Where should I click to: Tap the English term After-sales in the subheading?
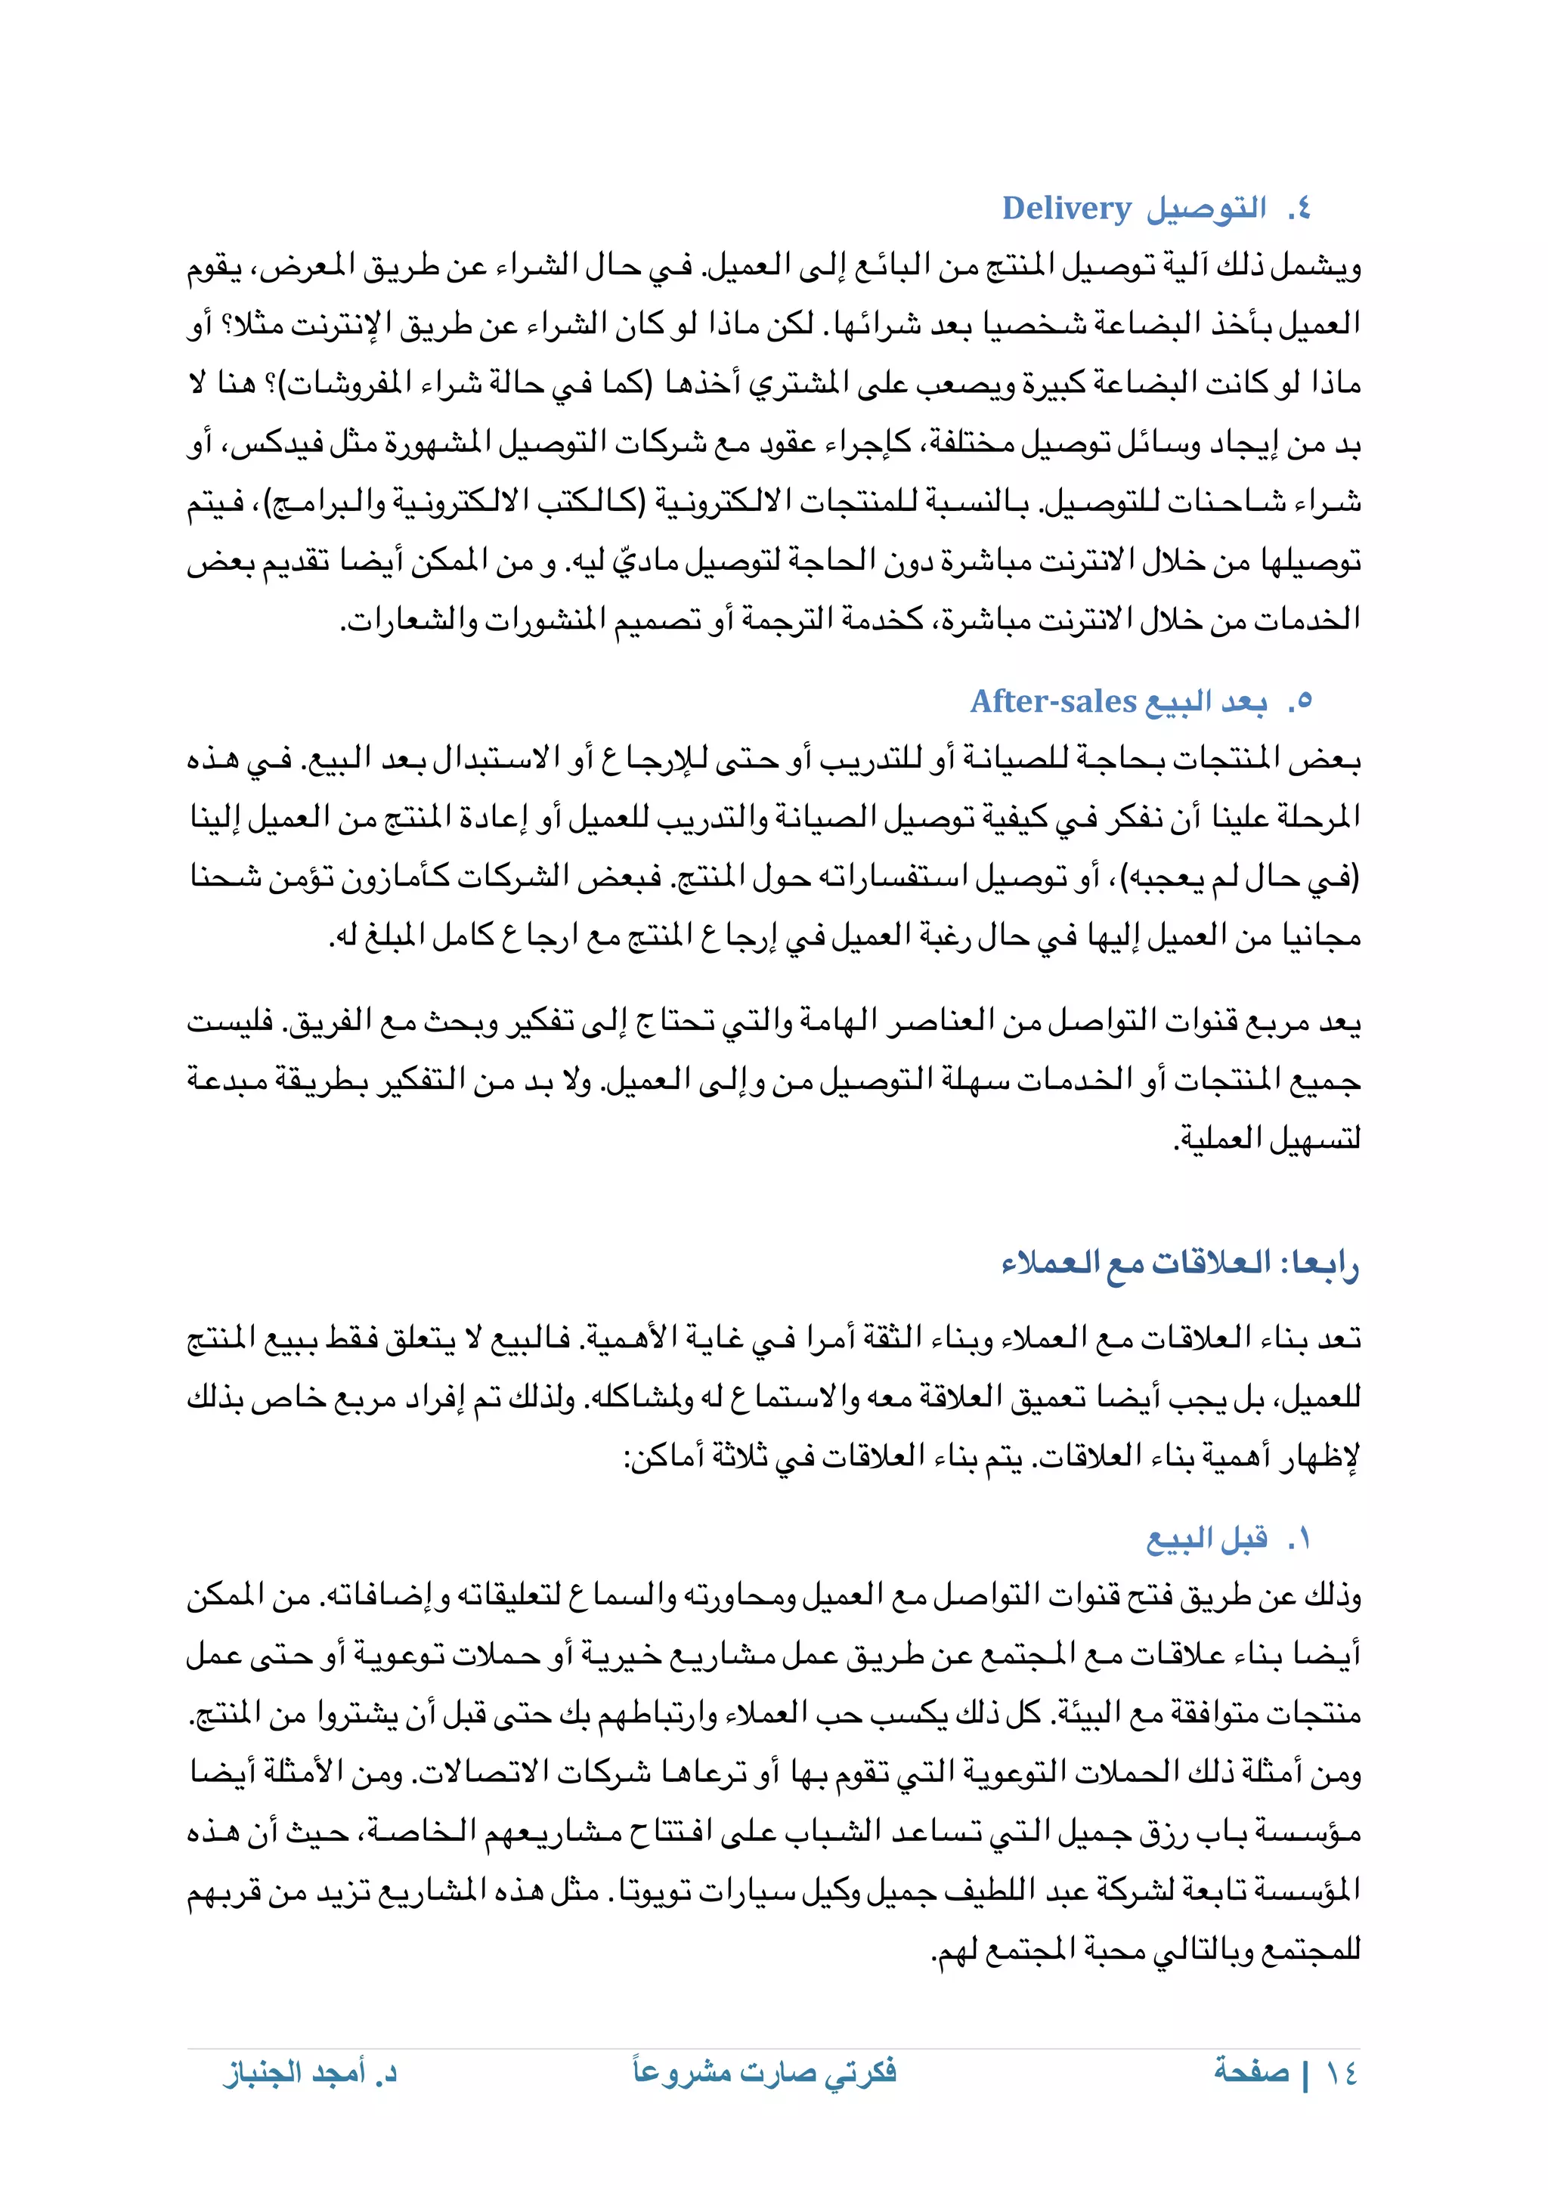1053,701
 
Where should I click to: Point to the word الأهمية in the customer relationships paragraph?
626,1338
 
